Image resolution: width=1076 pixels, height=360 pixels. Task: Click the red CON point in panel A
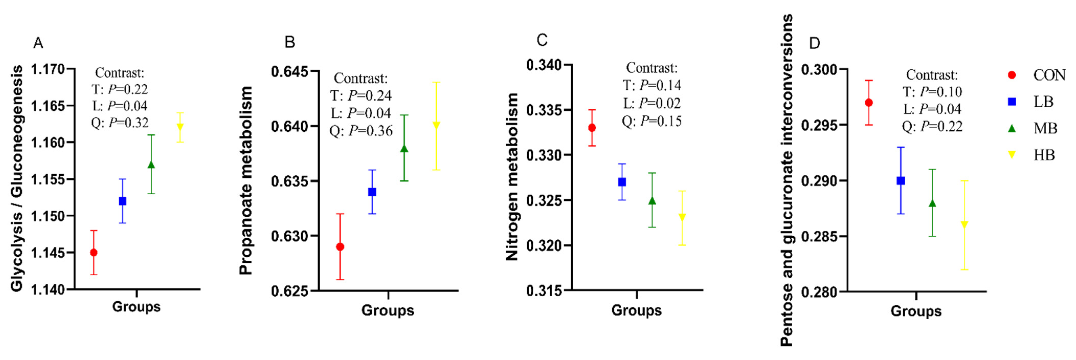coord(94,253)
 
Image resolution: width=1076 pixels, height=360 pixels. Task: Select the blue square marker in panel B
coord(372,192)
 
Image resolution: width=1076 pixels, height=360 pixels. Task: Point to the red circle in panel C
coord(592,128)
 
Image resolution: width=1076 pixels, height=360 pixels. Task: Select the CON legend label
coord(1049,75)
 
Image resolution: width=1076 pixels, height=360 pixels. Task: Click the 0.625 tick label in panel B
coord(289,291)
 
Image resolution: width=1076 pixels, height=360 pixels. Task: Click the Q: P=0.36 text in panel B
coord(361,131)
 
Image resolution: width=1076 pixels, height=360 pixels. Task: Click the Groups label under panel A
coord(136,307)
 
